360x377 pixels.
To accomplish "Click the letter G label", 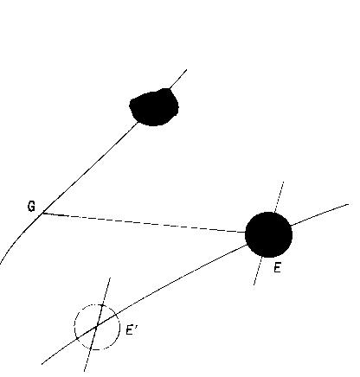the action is pyautogui.click(x=31, y=207).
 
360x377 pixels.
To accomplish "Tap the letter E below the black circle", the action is pyautogui.click(x=277, y=268).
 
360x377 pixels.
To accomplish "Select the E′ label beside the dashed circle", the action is pyautogui.click(x=131, y=330).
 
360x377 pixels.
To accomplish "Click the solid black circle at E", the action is pyautogui.click(x=268, y=234).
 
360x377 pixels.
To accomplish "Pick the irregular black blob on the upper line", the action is pyautogui.click(x=154, y=107).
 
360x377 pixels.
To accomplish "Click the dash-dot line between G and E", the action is pyautogui.click(x=145, y=223).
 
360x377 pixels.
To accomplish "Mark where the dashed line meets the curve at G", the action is pyautogui.click(x=43, y=213).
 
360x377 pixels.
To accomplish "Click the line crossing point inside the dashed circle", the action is pyautogui.click(x=97, y=327).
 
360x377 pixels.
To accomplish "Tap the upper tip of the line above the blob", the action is pyautogui.click(x=187, y=69).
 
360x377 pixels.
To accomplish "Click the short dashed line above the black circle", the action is pyautogui.click(x=280, y=197).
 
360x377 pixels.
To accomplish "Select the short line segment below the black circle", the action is pyautogui.click(x=258, y=271).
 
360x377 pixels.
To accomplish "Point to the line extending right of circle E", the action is pyautogui.click(x=319, y=214).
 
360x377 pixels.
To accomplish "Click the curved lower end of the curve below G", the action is pyautogui.click(x=1, y=264).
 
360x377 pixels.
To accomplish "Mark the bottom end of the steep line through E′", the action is pyautogui.click(x=84, y=371).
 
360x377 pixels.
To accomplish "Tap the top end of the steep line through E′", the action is pyautogui.click(x=110, y=278).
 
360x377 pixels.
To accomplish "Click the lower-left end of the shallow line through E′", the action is pyautogui.click(x=42, y=364).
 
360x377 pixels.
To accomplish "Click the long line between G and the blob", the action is pyautogui.click(x=90, y=168).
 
